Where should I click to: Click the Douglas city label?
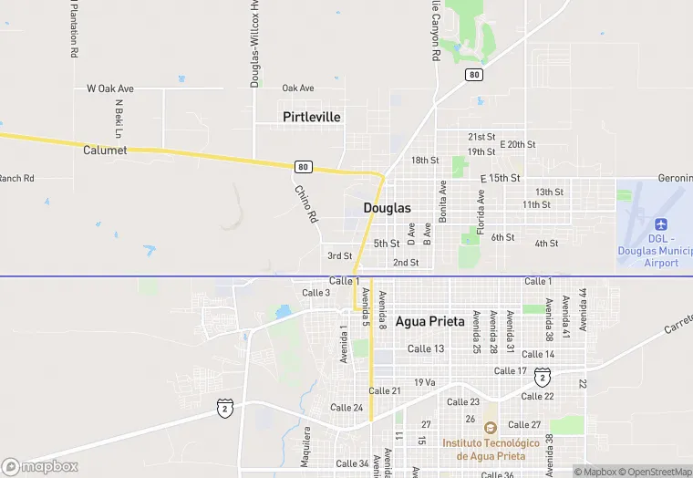coord(387,208)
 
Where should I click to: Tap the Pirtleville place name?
coord(312,117)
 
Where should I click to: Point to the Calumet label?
coord(105,150)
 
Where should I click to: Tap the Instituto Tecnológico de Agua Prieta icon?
coord(490,428)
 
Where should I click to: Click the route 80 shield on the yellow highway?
coord(303,167)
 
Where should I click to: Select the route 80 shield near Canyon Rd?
coord(473,74)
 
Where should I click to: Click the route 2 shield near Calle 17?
coord(542,376)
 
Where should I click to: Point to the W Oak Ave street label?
coord(110,88)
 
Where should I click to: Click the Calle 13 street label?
coord(426,348)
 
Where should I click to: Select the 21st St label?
coord(481,136)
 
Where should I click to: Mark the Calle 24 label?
coord(346,408)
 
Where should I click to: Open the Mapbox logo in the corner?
coord(41,466)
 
